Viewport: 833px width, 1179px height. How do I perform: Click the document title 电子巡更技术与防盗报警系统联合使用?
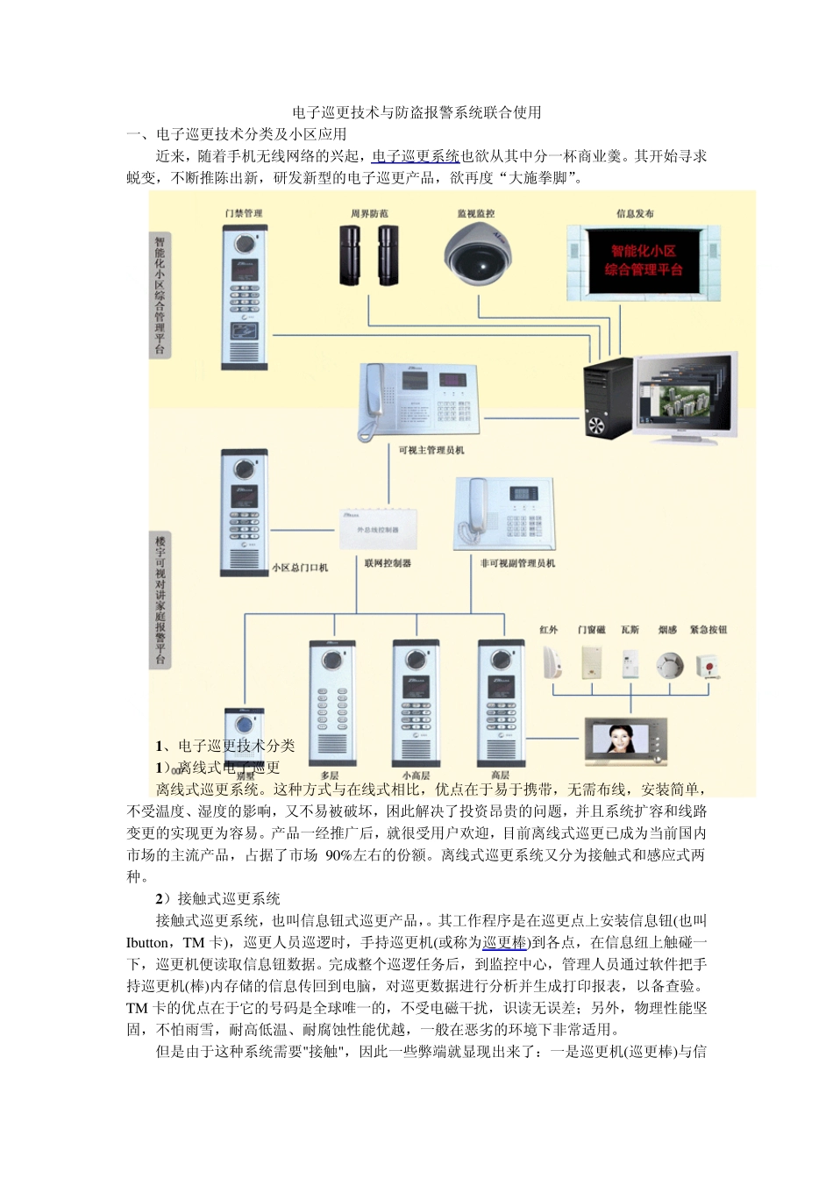click(416, 112)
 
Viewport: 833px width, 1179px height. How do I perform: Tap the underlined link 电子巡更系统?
click(416, 156)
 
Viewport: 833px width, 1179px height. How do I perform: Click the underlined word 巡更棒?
click(504, 942)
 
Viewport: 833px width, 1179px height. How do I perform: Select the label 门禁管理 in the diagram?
click(244, 213)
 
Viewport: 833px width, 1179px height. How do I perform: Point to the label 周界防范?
click(369, 213)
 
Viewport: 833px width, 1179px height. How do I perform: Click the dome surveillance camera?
click(476, 254)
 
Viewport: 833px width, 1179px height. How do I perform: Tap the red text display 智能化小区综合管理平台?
click(643, 261)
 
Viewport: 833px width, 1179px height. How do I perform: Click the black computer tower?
click(608, 399)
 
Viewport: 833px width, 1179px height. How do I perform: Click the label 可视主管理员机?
click(431, 450)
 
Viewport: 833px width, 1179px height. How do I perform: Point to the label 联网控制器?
click(388, 563)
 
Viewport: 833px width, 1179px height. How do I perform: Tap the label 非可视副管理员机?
click(517, 563)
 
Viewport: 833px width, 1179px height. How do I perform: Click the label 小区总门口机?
click(300, 568)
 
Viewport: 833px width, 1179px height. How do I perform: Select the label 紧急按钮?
click(708, 630)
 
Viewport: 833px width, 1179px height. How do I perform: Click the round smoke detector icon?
click(669, 665)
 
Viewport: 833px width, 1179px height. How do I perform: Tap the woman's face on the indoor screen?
click(620, 738)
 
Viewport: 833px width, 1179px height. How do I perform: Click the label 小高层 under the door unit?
click(416, 775)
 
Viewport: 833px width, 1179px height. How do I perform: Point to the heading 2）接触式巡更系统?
click(217, 898)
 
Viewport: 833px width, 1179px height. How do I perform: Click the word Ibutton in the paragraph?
click(149, 942)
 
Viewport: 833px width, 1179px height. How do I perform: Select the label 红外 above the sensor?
click(549, 630)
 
